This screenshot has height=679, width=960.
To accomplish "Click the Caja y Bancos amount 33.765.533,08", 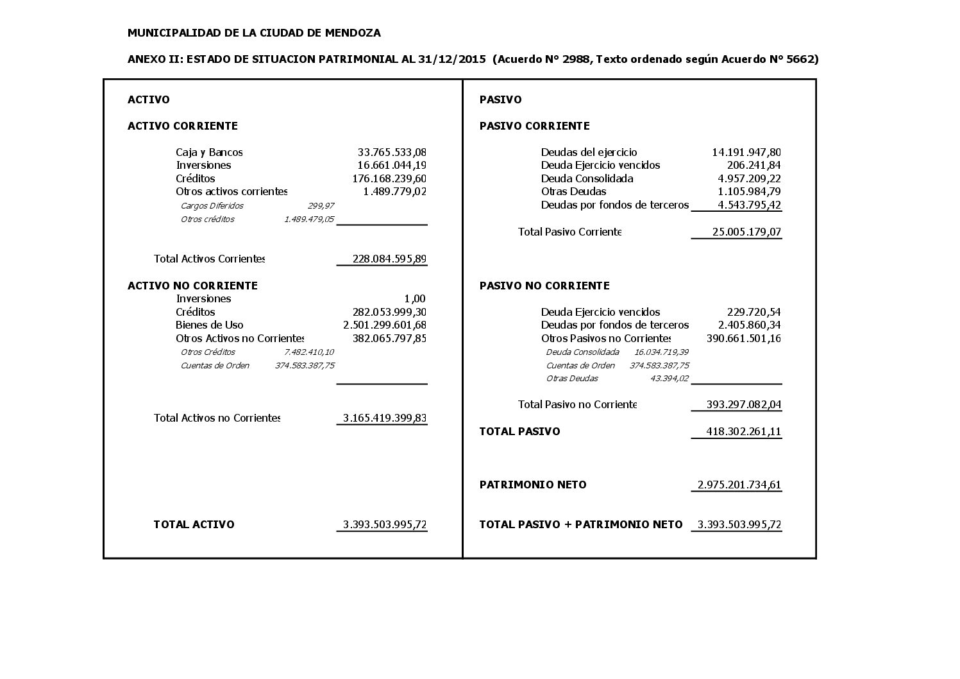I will point(392,153).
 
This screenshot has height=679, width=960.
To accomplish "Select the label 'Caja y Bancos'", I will point(209,153).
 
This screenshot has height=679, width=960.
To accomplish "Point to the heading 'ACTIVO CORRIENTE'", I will point(182,126).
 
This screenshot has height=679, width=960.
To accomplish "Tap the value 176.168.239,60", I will point(389,178).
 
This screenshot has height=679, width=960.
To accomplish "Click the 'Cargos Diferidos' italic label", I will point(212,206).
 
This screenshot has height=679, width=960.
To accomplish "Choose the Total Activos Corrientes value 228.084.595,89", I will point(389,259).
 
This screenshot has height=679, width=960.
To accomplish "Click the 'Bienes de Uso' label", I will point(209,325).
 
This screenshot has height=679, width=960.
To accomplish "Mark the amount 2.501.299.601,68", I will point(385,325).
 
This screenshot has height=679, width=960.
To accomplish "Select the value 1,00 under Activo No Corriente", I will point(415,299).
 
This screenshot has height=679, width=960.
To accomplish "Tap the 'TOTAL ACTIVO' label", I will point(194,524).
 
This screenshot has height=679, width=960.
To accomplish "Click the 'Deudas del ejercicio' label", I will point(589,153).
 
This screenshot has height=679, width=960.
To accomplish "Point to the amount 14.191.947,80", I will point(746,153).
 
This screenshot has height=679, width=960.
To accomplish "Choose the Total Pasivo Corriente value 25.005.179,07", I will point(746,232).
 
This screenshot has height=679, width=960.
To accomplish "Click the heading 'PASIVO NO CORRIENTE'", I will point(544,286).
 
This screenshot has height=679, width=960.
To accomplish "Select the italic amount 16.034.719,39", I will point(661,352).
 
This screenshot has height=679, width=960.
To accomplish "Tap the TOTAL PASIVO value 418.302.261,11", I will point(743,432).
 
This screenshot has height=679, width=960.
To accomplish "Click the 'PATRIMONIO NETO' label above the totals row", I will point(533,485).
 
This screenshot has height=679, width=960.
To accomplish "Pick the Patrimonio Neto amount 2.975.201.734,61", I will point(739,485).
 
